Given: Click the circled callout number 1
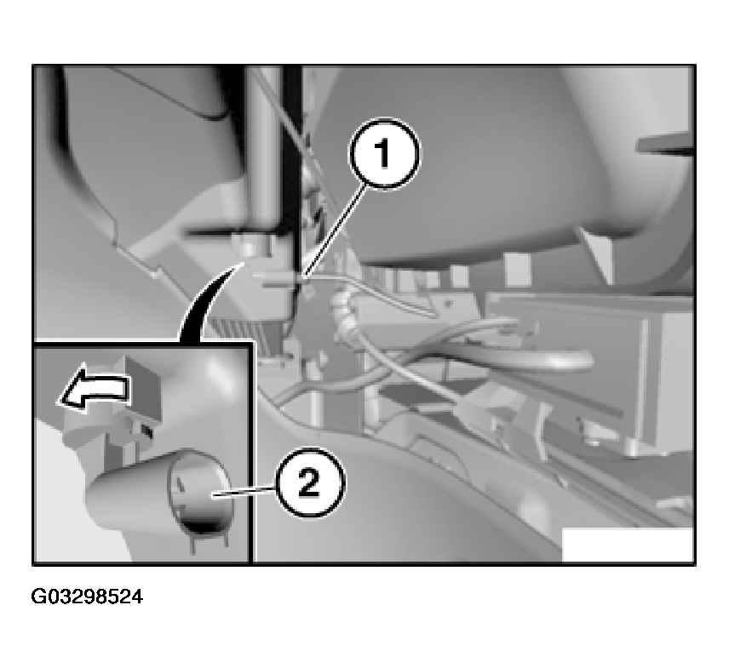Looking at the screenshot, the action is click(x=384, y=154).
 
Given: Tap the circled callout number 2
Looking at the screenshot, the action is click(x=310, y=483).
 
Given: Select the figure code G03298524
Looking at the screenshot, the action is click(x=87, y=597).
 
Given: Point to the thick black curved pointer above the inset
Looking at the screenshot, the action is click(x=204, y=302).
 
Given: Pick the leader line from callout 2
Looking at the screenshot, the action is click(x=245, y=492).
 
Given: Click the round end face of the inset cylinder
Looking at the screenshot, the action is click(x=201, y=493).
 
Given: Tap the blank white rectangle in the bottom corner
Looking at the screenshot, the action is click(x=627, y=544).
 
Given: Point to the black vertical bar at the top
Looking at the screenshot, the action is click(x=292, y=153).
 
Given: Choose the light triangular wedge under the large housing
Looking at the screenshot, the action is click(x=599, y=254).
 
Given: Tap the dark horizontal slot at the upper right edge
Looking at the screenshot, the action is click(x=665, y=144).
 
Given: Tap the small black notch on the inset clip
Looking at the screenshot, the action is click(x=147, y=431).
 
